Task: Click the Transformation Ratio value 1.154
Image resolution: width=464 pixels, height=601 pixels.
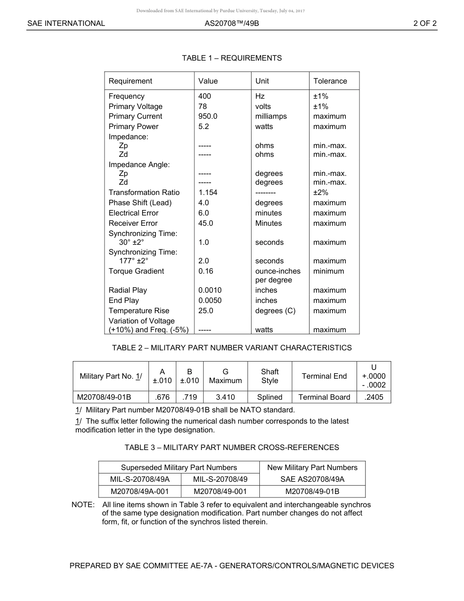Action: (x=208, y=193)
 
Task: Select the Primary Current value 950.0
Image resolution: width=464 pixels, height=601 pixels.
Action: (x=208, y=116)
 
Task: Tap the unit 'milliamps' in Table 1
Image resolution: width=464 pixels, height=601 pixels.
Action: (x=271, y=116)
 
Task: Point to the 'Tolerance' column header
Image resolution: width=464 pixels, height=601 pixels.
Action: (x=330, y=81)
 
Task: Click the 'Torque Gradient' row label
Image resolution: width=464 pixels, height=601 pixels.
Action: (x=136, y=271)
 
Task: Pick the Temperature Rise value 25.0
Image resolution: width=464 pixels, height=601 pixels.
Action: (x=206, y=311)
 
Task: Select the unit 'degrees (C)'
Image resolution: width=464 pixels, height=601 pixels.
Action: (x=275, y=311)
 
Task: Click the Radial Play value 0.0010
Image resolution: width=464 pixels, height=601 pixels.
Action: (x=210, y=290)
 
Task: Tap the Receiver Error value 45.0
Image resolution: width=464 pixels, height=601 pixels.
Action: (x=206, y=223)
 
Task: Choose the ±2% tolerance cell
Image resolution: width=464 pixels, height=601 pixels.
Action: (x=320, y=193)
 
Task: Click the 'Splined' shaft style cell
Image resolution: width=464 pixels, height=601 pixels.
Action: (x=270, y=397)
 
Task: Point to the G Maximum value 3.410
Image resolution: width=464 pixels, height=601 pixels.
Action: (x=225, y=397)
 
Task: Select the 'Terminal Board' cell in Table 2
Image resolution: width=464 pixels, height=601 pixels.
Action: (x=324, y=397)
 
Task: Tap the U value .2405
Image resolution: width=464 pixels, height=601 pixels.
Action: (x=374, y=397)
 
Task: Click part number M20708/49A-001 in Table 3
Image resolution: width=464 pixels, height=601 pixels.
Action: (x=140, y=492)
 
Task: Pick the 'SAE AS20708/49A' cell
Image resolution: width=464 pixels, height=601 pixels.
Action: (x=312, y=479)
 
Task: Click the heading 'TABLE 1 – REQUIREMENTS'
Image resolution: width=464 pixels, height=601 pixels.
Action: (x=232, y=58)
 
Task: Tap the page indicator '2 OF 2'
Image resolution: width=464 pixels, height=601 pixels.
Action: (x=424, y=23)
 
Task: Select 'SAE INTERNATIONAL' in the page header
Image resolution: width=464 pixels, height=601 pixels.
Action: (x=66, y=23)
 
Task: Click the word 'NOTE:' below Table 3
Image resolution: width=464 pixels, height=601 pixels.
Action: (x=83, y=505)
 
